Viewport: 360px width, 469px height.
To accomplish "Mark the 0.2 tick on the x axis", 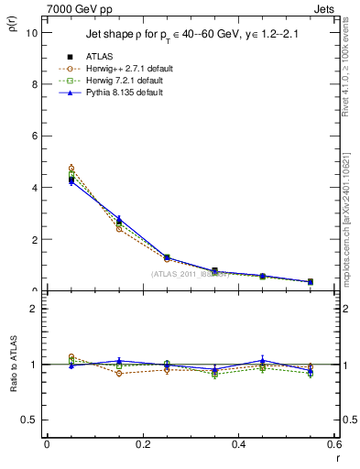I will (143, 444).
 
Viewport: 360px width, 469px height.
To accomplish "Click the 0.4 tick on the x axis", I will (239, 444).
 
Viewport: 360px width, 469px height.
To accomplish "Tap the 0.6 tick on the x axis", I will (334, 444).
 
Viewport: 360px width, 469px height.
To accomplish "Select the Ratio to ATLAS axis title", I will (13, 364).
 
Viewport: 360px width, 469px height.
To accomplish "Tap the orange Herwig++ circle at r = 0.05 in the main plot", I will (71, 169).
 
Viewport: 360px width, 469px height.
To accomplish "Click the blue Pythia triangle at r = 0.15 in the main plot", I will (119, 219).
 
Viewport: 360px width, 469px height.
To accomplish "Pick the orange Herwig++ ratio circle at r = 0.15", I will (119, 373).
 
